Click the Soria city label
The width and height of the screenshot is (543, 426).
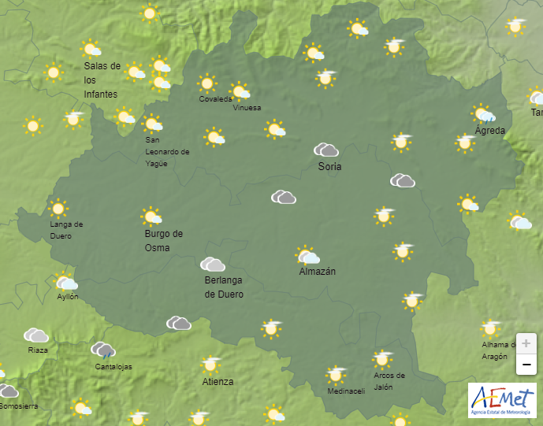[329, 166]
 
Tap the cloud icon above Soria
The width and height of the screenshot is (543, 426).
[325, 150]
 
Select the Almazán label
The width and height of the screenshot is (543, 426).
[318, 272]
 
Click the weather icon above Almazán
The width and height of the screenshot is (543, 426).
[307, 256]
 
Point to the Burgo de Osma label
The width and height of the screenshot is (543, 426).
[163, 240]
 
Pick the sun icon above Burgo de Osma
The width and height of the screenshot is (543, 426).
[152, 217]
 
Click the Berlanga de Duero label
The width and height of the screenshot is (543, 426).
[224, 287]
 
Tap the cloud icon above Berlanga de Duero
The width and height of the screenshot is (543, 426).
[213, 265]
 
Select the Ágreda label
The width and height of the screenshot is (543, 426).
[490, 131]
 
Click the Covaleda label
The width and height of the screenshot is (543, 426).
[215, 99]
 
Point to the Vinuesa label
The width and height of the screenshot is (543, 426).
[247, 108]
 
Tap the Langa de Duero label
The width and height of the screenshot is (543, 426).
[66, 229]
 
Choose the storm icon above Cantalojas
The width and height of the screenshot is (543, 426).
[103, 350]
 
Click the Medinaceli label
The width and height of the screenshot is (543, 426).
[345, 391]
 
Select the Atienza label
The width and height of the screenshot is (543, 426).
[218, 382]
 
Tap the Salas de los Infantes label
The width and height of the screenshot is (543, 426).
[102, 80]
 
